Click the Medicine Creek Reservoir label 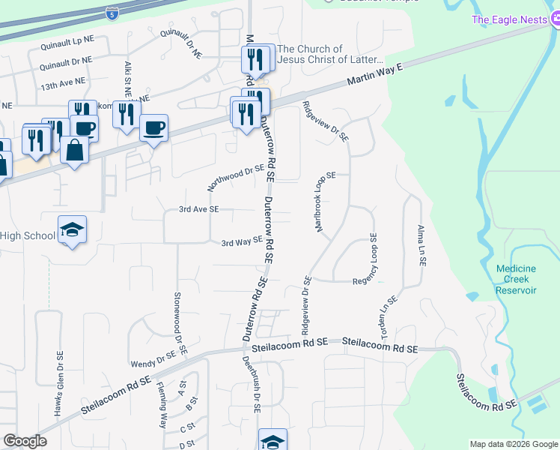point(517,279)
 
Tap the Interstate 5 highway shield point(112,13)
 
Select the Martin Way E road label point(374,76)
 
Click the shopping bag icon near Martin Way point(75,149)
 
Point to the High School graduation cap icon point(73,229)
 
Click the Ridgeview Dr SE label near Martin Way point(325,120)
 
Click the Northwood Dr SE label point(237,178)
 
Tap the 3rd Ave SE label point(198,209)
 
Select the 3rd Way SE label point(241,241)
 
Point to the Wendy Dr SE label point(153,363)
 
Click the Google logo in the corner point(25,441)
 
